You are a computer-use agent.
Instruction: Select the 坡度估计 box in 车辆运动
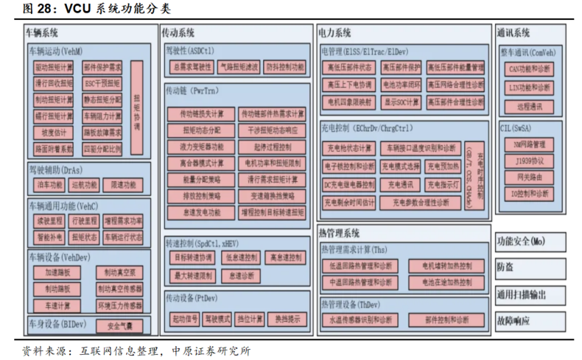tap(53, 133)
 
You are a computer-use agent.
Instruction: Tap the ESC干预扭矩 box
tap(102, 83)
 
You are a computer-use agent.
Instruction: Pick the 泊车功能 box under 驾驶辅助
tap(50, 184)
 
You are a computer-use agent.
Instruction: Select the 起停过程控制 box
tap(271, 146)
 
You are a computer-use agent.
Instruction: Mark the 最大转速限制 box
tap(193, 275)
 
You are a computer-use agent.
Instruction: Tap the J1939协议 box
tap(529, 160)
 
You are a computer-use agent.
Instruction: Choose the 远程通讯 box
tap(529, 106)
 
